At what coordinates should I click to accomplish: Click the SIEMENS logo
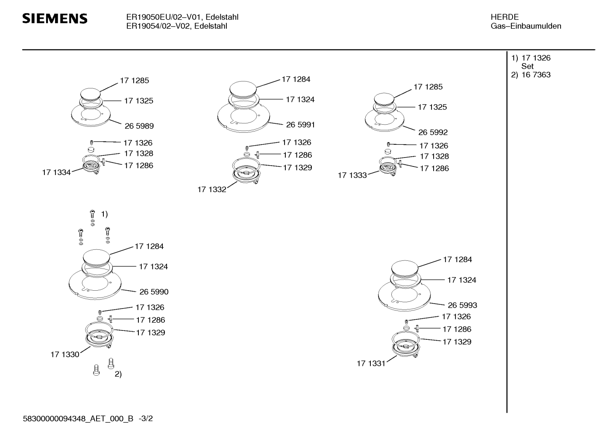[55, 18]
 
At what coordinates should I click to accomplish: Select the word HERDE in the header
[505, 17]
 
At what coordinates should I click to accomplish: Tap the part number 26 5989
[139, 126]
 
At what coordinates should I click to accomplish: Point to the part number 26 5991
[300, 125]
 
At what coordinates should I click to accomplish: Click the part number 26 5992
[433, 132]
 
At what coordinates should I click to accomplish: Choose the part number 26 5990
[154, 292]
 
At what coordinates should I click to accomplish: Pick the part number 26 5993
[462, 305]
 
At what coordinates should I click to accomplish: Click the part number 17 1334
[56, 172]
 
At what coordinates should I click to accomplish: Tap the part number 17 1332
[212, 190]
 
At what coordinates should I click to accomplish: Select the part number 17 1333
[352, 175]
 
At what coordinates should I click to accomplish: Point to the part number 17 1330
[65, 354]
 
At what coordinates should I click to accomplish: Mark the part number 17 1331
[371, 364]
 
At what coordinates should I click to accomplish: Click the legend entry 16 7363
[536, 75]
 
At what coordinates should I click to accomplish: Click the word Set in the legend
[527, 66]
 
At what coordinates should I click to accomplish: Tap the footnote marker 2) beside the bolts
[118, 374]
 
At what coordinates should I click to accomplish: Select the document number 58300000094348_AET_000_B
[78, 418]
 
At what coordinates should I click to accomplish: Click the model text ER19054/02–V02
[158, 26]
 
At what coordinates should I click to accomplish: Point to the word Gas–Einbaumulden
[526, 26]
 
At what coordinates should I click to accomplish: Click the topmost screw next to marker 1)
[92, 214]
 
